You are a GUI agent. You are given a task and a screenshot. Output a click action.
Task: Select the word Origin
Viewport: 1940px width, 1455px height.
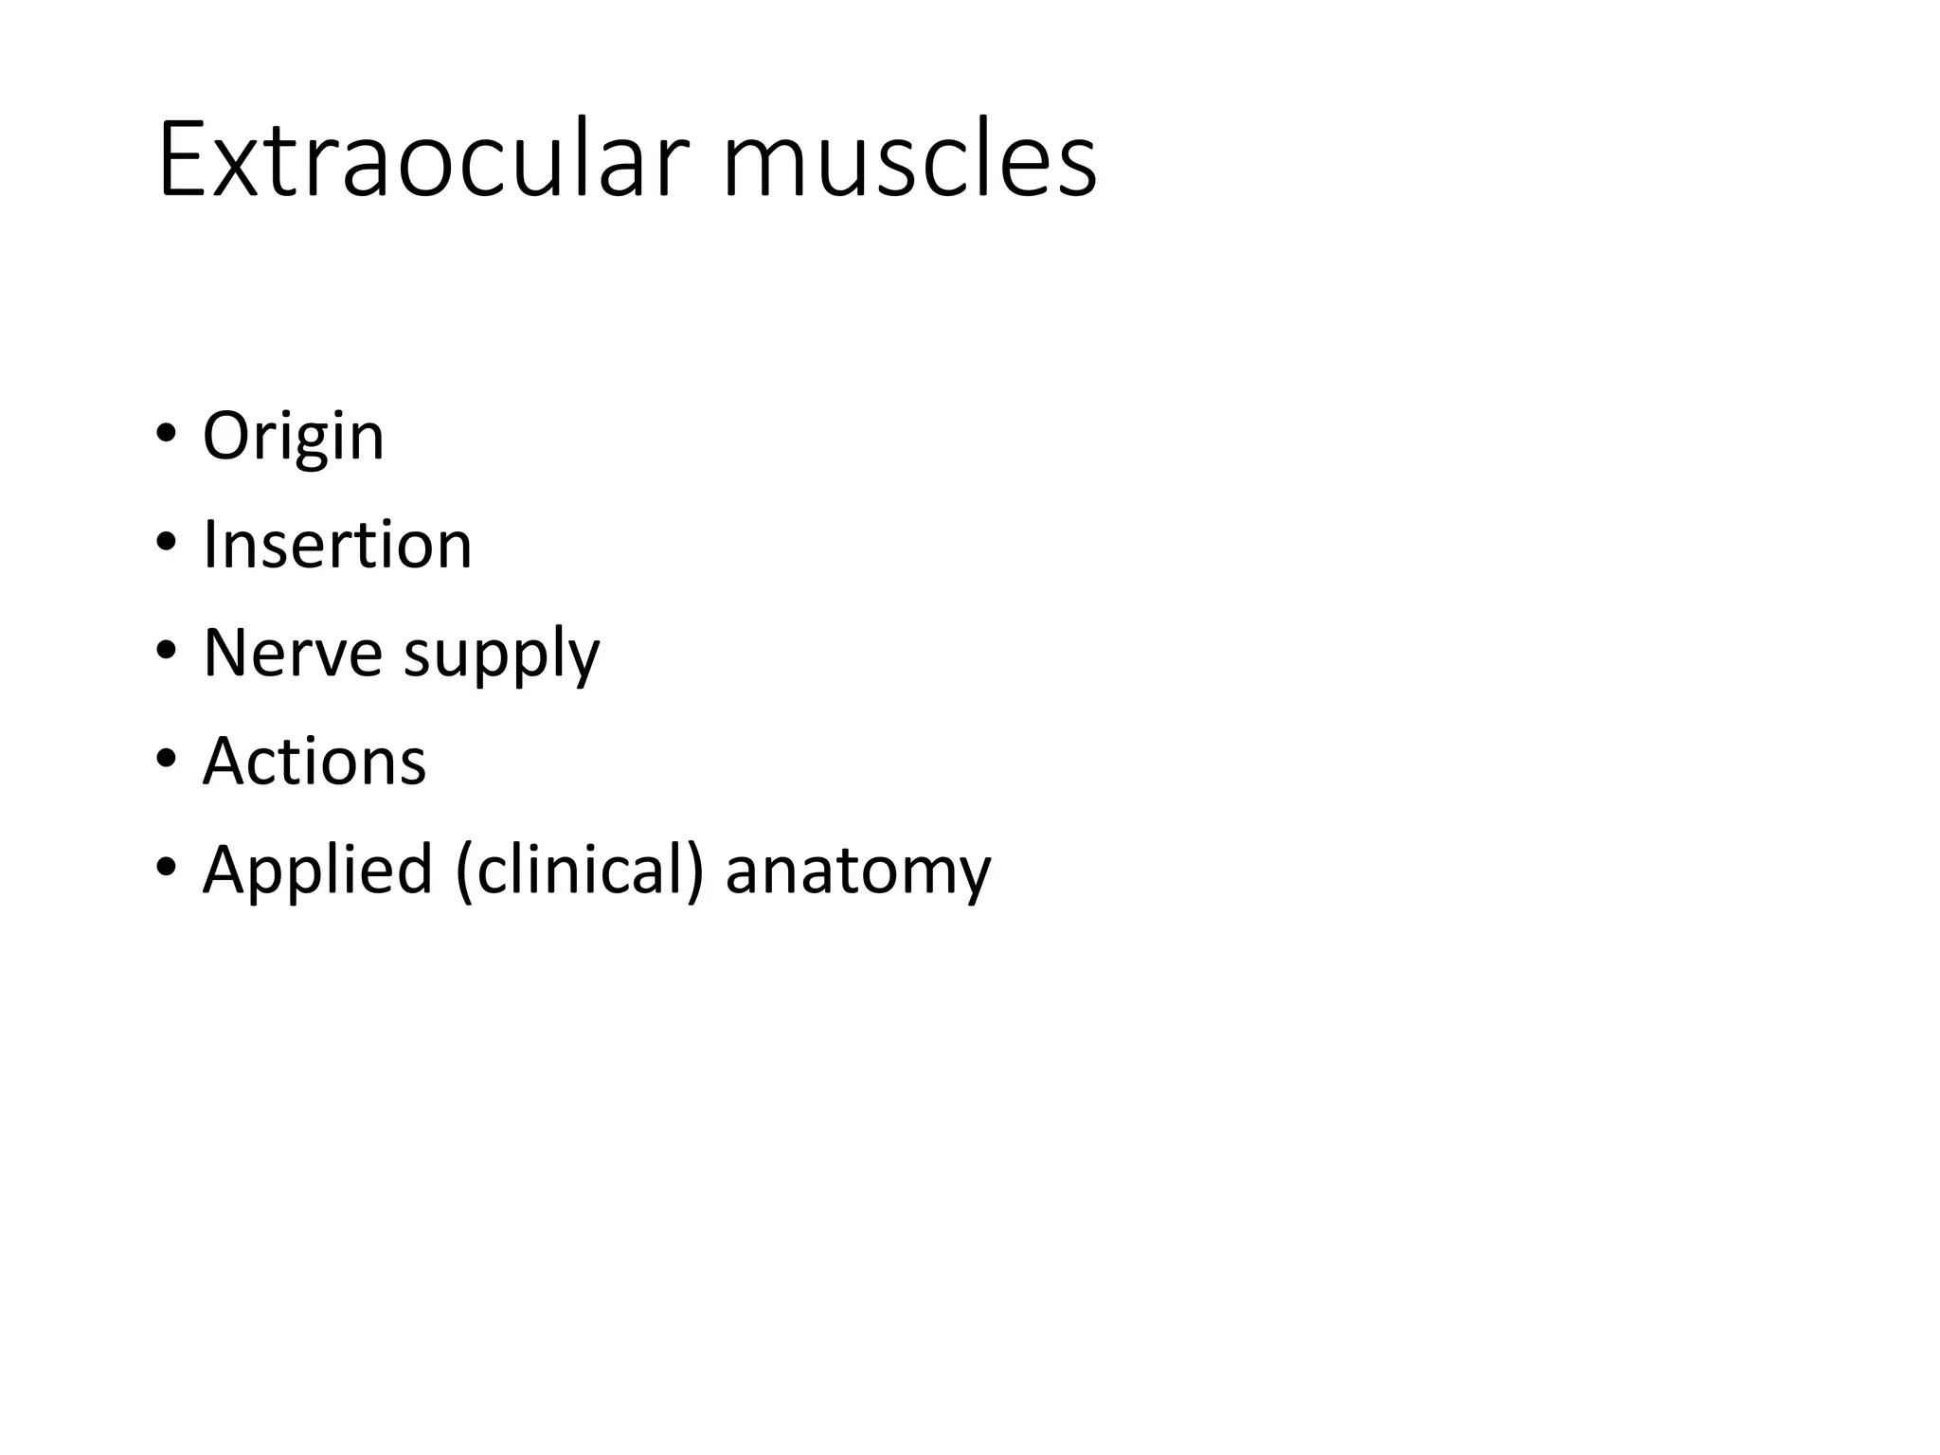294,438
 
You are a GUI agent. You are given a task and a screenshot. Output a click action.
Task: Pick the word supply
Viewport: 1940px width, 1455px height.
501,656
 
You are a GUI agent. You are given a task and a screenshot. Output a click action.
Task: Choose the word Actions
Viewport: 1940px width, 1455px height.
314,761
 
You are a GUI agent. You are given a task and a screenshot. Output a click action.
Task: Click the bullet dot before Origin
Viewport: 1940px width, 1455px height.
166,433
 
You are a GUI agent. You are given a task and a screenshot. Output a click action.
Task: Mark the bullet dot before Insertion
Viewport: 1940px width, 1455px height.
166,542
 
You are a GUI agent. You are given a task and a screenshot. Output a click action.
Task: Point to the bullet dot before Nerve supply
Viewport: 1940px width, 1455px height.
166,650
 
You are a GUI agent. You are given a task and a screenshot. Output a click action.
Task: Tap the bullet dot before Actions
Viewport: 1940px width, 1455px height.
166,758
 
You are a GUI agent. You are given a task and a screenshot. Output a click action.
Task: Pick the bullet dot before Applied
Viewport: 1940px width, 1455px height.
166,866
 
